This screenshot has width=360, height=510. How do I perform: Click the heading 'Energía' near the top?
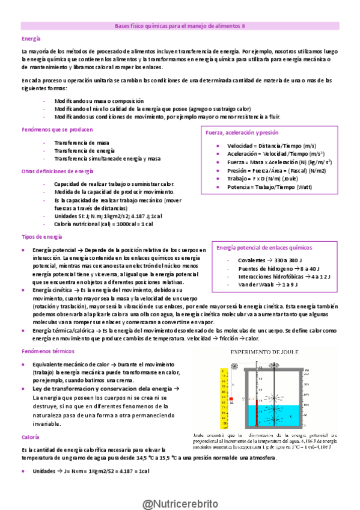[31, 38]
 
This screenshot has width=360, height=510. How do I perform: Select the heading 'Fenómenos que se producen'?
[57, 129]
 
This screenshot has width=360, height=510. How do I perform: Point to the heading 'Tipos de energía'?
[41, 237]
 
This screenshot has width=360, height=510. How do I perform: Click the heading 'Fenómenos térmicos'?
[47, 351]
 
